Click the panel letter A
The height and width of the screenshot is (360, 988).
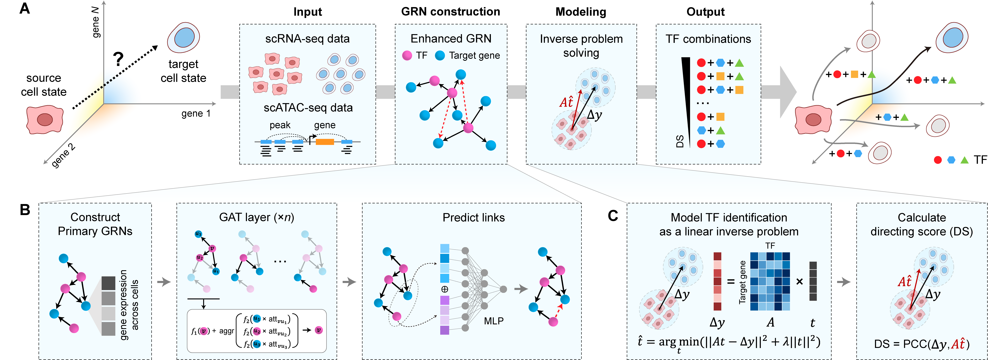point(25,8)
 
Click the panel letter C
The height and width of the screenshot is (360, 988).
point(613,216)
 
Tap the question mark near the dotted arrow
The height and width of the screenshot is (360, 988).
point(118,59)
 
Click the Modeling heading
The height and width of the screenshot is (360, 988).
point(581,12)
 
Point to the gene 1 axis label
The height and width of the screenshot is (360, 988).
point(196,113)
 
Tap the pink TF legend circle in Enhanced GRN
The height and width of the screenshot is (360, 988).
point(407,56)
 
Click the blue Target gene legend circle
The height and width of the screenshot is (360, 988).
point(440,56)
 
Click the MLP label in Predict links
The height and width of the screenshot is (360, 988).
point(494,321)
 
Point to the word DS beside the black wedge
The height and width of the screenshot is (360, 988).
point(680,141)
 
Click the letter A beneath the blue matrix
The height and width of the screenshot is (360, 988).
point(770,322)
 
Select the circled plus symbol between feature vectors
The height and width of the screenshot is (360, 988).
point(445,289)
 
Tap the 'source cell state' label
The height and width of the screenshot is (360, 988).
point(44,85)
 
